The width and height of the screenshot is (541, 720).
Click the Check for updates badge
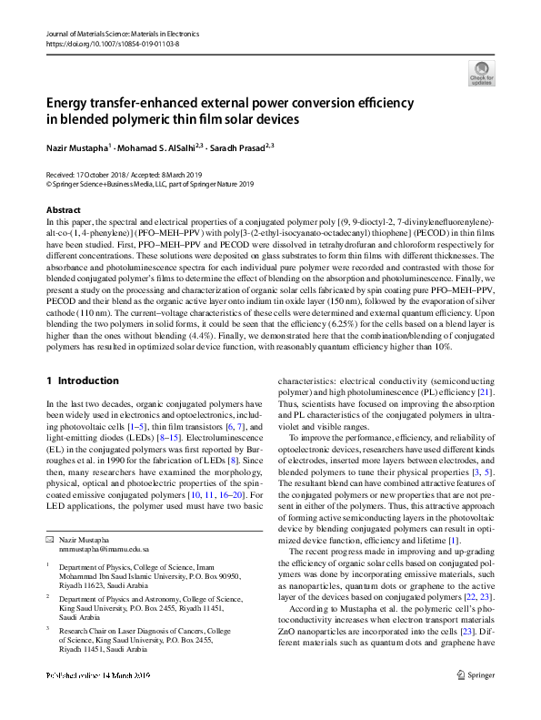click(480, 72)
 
